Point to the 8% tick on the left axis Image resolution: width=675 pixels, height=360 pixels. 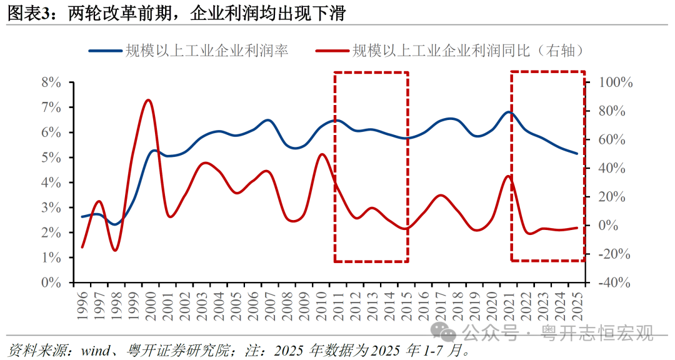pyautogui.click(x=51, y=82)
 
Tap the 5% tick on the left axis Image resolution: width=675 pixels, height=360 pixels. pyautogui.click(x=51, y=157)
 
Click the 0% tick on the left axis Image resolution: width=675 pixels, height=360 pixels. pyautogui.click(x=51, y=282)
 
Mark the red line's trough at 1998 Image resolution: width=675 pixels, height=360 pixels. pyautogui.click(x=115, y=251)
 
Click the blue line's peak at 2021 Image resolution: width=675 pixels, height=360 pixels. pyautogui.click(x=510, y=112)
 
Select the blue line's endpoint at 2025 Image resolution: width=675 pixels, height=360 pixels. pyautogui.click(x=577, y=153)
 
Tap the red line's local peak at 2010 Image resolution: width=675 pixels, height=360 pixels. pyautogui.click(x=321, y=154)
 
